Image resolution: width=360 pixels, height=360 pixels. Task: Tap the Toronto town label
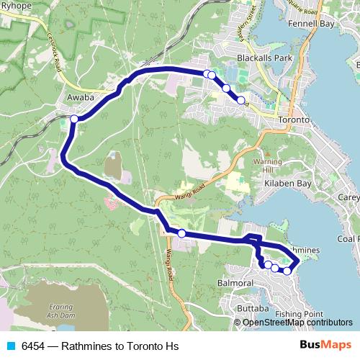[x=293, y=120]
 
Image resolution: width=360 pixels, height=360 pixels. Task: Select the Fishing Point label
[x=303, y=314]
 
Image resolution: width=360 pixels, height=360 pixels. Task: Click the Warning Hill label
[x=268, y=166]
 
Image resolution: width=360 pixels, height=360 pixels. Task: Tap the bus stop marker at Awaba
[x=74, y=118]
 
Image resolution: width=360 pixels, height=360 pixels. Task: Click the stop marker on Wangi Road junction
[x=181, y=233]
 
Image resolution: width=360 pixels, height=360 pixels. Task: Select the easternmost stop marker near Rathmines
[x=287, y=271]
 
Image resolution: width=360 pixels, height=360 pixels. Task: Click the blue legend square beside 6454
[x=10, y=346]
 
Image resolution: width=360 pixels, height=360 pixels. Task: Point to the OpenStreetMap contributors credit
[x=298, y=322]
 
